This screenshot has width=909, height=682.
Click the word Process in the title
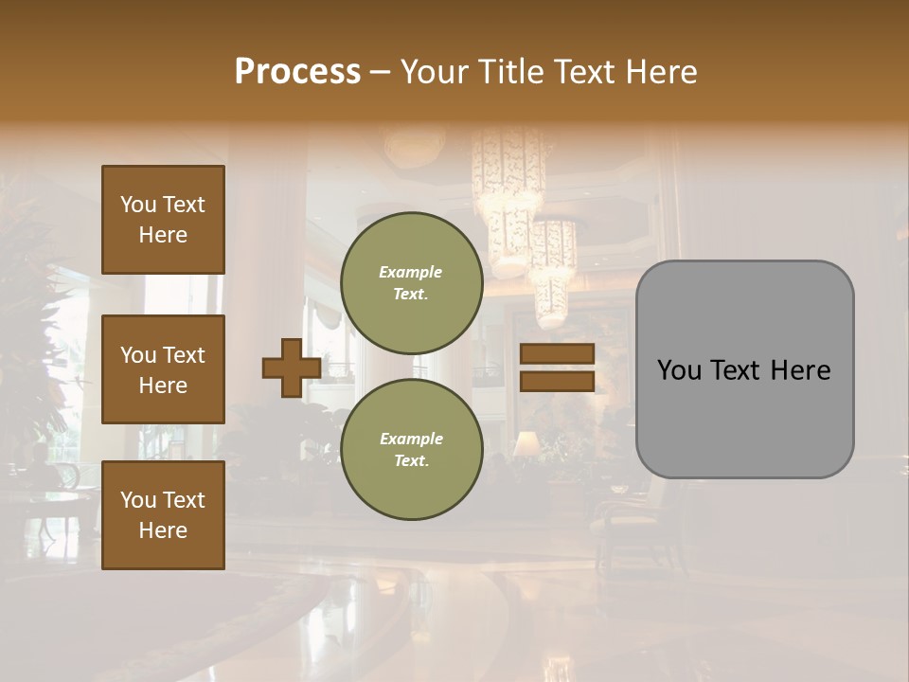click(297, 72)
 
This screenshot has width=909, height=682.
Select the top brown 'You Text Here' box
click(163, 220)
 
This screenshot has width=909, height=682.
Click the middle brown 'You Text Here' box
click(163, 369)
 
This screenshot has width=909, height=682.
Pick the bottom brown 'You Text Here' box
click(163, 515)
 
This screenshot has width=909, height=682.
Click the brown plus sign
click(291, 368)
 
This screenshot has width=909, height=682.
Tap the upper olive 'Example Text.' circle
click(412, 283)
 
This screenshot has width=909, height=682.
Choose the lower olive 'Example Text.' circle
click(412, 450)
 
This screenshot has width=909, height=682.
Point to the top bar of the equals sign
click(557, 354)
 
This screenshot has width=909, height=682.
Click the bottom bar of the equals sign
click(557, 381)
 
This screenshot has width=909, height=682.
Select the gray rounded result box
click(744, 369)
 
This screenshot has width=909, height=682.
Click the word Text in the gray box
click(744, 370)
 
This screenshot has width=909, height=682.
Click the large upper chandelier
click(508, 189)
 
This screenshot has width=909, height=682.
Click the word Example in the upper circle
click(411, 273)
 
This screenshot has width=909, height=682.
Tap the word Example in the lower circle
click(411, 440)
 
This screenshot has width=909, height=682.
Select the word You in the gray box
click(679, 370)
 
